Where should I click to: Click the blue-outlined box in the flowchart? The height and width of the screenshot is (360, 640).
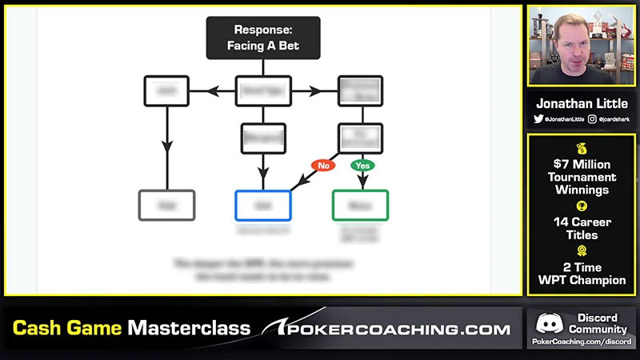[x=263, y=205]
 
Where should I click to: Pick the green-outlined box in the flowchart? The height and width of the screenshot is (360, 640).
[x=360, y=205]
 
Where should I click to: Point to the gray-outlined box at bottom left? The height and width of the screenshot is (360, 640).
[x=166, y=205]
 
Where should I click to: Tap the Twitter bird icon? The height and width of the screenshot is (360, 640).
[x=538, y=118]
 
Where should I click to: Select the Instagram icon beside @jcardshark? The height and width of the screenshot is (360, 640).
[x=592, y=118]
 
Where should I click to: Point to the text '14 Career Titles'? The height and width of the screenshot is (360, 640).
[x=582, y=228]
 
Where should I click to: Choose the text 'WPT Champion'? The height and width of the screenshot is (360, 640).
[x=582, y=281]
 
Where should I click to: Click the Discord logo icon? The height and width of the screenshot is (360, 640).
[x=548, y=323]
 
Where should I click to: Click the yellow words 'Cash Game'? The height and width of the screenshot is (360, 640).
[x=68, y=329]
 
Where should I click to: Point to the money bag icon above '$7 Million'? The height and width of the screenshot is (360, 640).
[x=582, y=148]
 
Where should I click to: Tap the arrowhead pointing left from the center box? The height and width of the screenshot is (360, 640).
[x=214, y=90]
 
